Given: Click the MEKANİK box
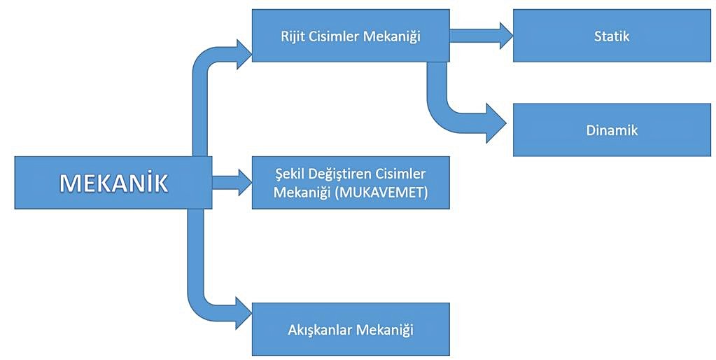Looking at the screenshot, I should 113,182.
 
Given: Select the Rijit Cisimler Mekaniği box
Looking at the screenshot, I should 350,36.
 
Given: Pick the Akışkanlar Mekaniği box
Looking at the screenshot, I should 350,329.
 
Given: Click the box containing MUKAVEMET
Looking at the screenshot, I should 350,182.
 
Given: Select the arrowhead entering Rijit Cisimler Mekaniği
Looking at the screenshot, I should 243,54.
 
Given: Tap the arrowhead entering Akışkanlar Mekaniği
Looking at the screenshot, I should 243,312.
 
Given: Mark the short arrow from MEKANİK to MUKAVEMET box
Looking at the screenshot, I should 232,182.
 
